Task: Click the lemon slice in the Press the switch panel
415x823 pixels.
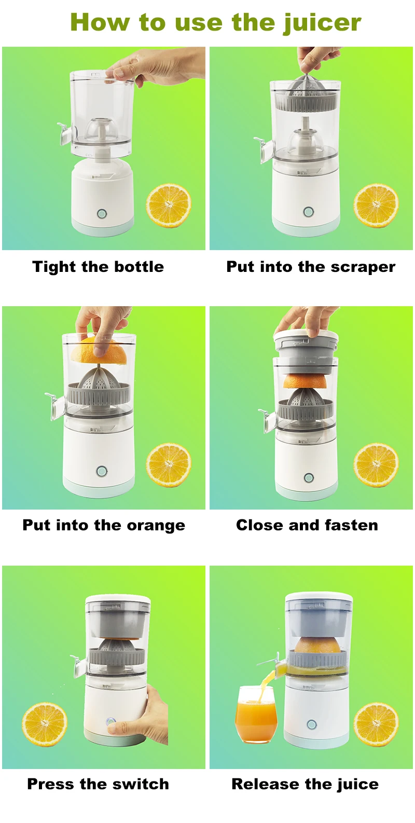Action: tap(45, 724)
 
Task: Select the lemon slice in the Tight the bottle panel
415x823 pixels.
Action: tap(169, 206)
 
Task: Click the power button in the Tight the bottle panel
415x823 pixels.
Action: tap(102, 214)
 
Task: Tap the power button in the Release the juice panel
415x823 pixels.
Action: tap(311, 724)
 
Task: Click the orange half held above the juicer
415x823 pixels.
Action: tap(99, 351)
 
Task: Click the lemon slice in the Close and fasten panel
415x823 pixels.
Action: tap(376, 465)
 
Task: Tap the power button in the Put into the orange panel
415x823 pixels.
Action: tap(102, 472)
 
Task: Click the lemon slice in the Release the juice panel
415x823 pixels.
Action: tap(376, 724)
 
